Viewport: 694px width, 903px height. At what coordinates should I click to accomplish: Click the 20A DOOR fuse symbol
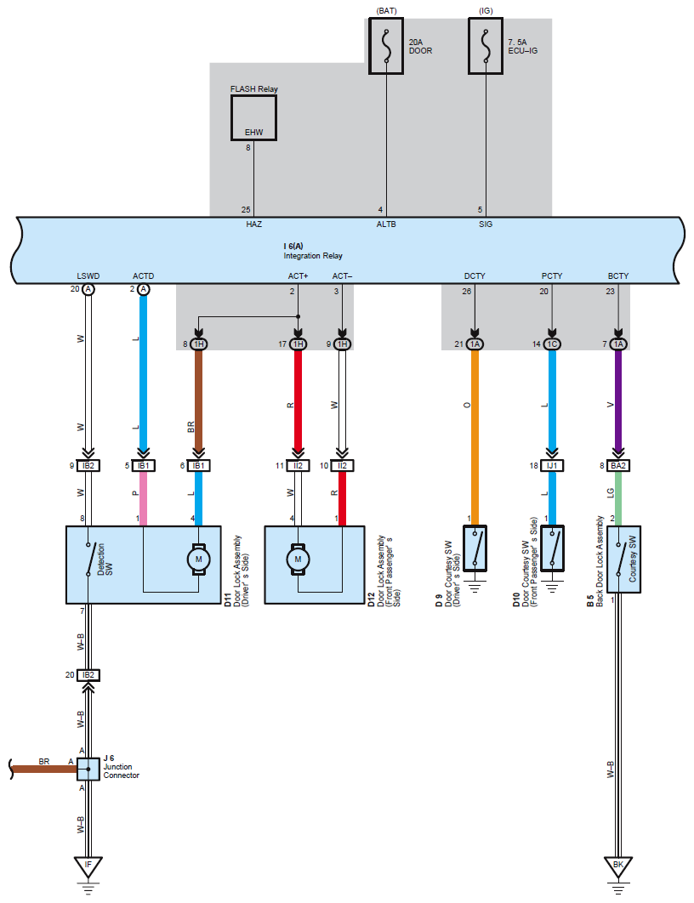click(x=386, y=46)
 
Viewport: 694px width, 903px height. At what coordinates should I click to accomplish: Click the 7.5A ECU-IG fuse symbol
click(x=486, y=46)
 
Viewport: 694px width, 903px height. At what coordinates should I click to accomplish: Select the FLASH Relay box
click(x=254, y=118)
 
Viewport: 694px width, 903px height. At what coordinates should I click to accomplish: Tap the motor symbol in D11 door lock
click(x=199, y=559)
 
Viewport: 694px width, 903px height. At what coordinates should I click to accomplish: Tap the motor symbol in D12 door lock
click(x=298, y=559)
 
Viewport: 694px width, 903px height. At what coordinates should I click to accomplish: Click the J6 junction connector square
click(x=88, y=770)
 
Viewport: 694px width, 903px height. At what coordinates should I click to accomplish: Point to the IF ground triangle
click(x=88, y=866)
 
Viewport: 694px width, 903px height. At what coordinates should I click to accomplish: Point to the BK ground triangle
click(x=618, y=866)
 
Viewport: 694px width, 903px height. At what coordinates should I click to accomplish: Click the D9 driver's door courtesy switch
click(x=475, y=548)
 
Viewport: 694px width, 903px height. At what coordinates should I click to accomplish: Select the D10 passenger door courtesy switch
click(x=552, y=548)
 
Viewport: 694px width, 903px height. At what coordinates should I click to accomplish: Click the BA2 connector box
click(x=618, y=465)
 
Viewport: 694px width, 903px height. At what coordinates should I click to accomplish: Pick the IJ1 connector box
click(x=552, y=465)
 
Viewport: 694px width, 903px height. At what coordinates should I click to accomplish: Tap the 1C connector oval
click(x=552, y=344)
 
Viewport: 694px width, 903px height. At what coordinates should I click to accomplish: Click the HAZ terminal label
click(x=254, y=224)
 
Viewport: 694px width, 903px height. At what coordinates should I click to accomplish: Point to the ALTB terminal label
click(x=386, y=224)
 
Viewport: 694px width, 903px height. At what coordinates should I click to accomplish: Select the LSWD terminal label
click(x=88, y=275)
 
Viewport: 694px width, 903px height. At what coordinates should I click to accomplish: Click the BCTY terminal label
click(x=618, y=275)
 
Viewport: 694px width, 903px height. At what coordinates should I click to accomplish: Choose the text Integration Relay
click(x=313, y=256)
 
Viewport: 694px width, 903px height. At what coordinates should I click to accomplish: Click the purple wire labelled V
click(x=618, y=402)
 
